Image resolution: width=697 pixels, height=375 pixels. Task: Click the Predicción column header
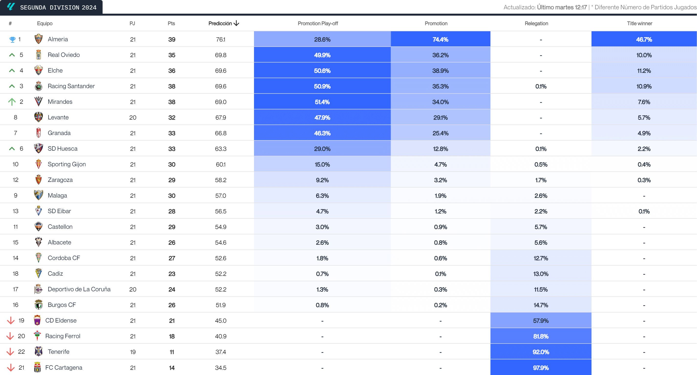click(x=220, y=23)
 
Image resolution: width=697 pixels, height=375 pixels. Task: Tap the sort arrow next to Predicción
click(x=236, y=23)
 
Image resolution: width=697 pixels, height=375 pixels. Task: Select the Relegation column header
click(x=536, y=23)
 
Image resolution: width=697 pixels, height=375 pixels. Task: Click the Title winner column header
click(x=639, y=23)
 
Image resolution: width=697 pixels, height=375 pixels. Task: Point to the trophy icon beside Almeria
click(x=12, y=40)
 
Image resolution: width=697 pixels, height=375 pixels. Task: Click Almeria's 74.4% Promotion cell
click(x=440, y=40)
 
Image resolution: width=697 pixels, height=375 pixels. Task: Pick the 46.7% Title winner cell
click(x=644, y=40)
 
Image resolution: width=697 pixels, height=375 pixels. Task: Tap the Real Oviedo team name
click(x=63, y=55)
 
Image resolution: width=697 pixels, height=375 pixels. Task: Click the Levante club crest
click(x=38, y=117)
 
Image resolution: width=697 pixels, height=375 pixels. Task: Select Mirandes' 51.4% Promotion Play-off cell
click(x=322, y=102)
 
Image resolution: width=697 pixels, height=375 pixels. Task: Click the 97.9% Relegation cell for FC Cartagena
click(x=541, y=368)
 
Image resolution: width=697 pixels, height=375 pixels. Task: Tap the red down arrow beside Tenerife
click(x=10, y=352)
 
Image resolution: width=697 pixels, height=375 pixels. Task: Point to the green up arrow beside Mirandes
click(x=12, y=102)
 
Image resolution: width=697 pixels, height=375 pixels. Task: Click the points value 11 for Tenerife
click(x=171, y=352)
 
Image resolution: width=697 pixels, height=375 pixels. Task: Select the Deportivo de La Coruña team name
click(x=79, y=289)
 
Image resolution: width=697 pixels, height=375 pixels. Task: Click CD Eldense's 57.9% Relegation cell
click(x=541, y=321)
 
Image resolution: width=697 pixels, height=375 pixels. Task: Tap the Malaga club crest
click(x=38, y=195)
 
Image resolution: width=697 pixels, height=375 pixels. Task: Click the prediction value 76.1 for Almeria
click(x=221, y=40)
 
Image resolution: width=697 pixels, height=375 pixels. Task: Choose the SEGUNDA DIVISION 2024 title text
click(x=58, y=8)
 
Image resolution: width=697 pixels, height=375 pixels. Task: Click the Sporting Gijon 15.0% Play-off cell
click(x=322, y=165)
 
